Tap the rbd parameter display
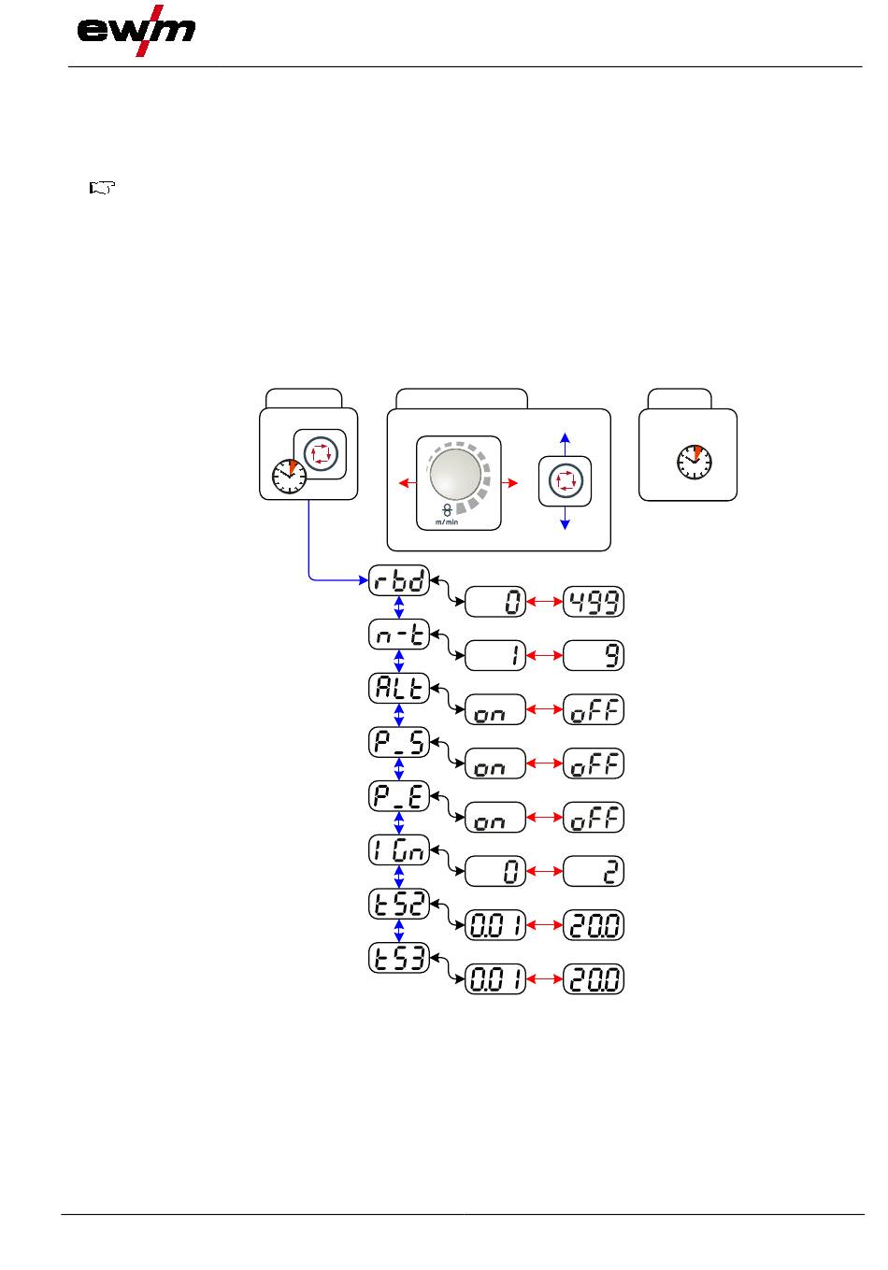[399, 581]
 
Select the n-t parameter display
[399, 635]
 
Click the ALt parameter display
[399, 689]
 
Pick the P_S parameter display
[399, 743]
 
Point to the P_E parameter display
[399, 797]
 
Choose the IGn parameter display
[399, 850]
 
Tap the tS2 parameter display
[399, 905]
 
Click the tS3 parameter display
[399, 959]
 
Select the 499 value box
[594, 603]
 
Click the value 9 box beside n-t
[594, 656]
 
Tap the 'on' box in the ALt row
[495, 710]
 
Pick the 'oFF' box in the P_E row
[594, 818]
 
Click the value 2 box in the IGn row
[594, 872]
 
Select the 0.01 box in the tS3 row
[495, 980]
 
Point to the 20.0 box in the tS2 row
[594, 926]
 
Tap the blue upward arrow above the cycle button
[565, 441]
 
